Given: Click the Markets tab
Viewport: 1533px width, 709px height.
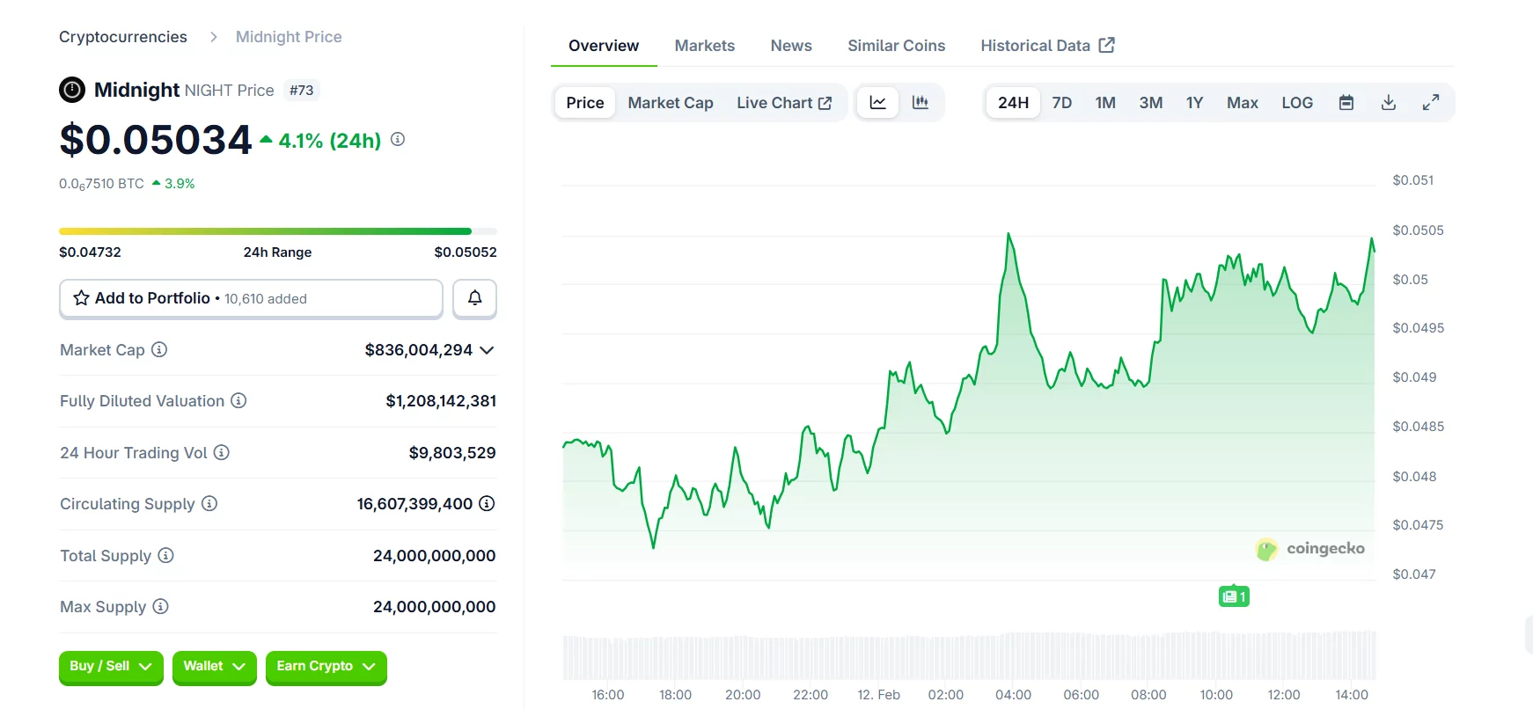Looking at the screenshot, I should click(704, 46).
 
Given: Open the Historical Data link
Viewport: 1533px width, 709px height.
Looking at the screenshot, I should click(1046, 46).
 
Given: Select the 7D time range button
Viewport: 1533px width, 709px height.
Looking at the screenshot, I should click(1061, 103).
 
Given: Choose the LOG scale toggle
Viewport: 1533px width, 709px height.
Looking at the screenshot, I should click(1296, 103).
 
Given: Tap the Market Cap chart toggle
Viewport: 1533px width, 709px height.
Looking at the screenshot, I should click(670, 103).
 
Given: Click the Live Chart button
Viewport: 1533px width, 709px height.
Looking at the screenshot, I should click(783, 103).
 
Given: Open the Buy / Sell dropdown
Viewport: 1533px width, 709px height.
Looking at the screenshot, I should click(111, 667).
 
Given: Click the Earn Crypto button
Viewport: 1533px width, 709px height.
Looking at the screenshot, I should click(326, 667).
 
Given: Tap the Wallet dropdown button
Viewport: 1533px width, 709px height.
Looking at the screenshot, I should click(214, 667).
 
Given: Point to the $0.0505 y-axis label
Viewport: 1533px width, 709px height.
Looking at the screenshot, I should click(1417, 230).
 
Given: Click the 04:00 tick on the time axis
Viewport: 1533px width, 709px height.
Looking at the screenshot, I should click(1013, 695).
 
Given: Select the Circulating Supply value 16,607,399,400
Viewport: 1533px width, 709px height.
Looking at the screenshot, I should click(414, 504).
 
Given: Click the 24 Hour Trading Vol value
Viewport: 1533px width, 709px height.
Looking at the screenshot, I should click(451, 453).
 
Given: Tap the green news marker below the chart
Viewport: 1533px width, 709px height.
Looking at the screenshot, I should click(1234, 596).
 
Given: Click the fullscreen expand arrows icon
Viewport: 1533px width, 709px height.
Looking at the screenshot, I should click(1431, 103).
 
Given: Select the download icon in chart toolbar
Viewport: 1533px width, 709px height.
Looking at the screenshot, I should click(1389, 103).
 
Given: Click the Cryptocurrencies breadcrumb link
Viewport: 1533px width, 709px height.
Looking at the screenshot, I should click(123, 37).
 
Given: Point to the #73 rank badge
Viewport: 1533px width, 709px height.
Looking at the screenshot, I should click(302, 91).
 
